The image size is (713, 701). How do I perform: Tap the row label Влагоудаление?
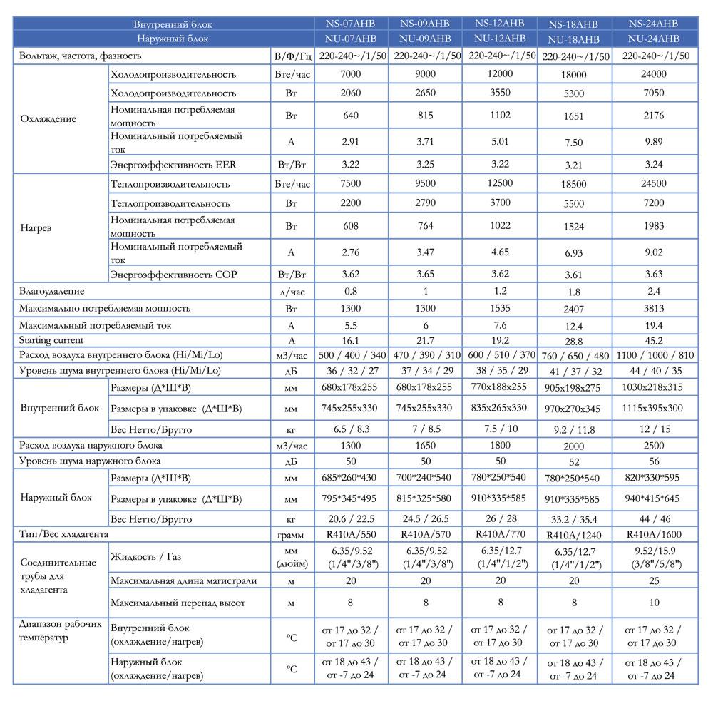[53, 291]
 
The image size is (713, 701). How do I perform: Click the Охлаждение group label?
[48, 119]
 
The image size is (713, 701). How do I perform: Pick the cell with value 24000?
[654, 74]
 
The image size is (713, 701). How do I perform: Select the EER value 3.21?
[574, 165]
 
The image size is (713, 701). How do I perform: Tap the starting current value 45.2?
[654, 341]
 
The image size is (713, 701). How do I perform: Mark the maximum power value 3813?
[654, 309]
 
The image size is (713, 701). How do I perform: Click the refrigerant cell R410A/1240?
[574, 534]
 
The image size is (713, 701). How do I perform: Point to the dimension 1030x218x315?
[654, 387]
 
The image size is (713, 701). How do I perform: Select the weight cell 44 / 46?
[654, 518]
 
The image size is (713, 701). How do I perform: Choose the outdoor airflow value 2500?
[654, 445]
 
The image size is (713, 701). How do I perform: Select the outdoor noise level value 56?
[654, 461]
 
